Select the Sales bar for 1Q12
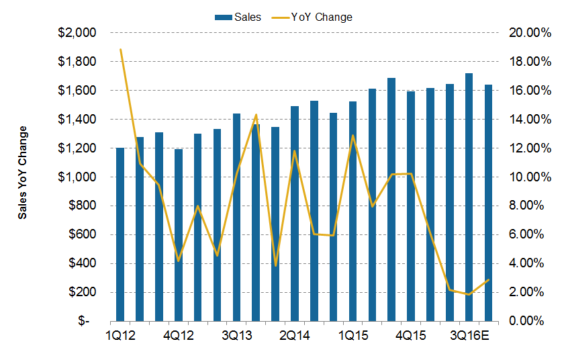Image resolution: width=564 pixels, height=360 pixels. [x=120, y=234]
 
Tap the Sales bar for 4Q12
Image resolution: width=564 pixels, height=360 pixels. [x=179, y=235]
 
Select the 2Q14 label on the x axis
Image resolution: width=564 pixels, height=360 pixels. [x=295, y=335]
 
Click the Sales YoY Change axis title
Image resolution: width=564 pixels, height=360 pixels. [x=23, y=173]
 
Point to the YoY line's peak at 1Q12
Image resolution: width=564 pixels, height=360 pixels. [x=120, y=49]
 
